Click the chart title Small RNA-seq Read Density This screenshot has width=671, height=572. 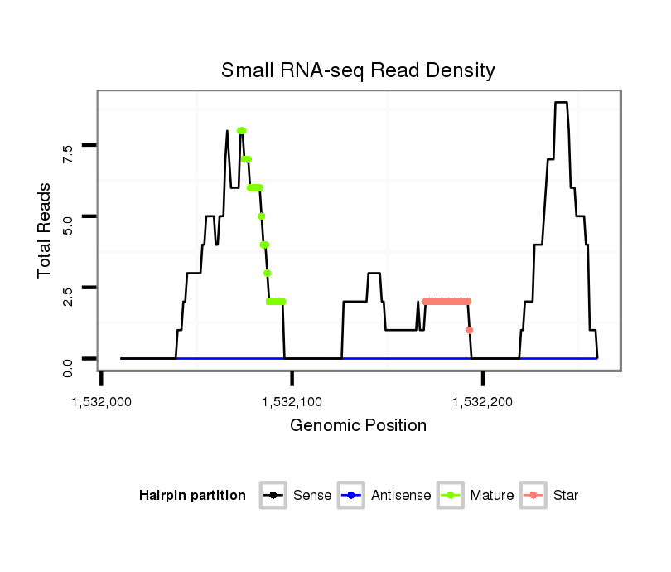click(x=358, y=70)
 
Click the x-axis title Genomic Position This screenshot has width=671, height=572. click(x=358, y=426)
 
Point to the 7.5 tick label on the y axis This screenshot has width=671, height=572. click(x=68, y=153)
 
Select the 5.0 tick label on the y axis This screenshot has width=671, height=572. click(x=68, y=225)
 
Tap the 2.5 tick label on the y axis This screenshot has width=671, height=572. click(x=68, y=296)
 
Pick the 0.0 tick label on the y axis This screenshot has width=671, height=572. click(x=68, y=366)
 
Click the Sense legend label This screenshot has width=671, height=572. click(x=312, y=496)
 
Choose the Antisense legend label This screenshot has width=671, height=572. click(x=401, y=496)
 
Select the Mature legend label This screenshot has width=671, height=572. click(x=491, y=496)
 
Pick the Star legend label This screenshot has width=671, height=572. click(x=567, y=496)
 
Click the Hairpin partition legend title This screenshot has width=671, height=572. click(x=192, y=496)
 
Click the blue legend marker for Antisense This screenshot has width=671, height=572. click(x=351, y=496)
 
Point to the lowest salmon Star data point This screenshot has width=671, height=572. click(x=470, y=330)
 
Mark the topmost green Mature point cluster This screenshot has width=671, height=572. click(x=241, y=130)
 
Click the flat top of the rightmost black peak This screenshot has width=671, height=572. click(x=561, y=102)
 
